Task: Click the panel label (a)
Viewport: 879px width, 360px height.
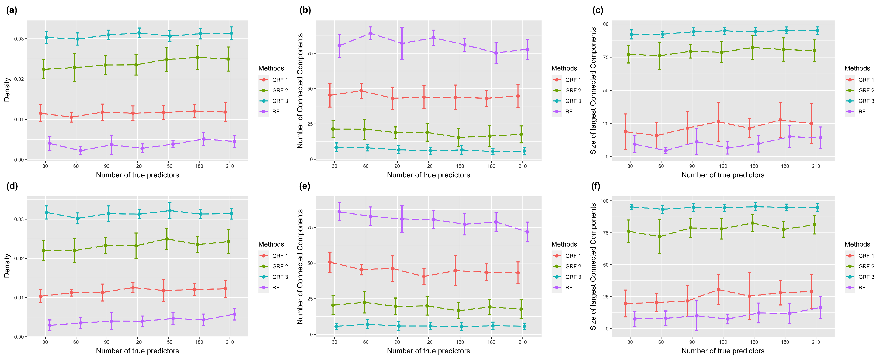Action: (x=12, y=10)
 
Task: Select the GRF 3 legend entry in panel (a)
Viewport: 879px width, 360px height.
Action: (x=280, y=101)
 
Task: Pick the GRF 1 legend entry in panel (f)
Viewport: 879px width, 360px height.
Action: (x=866, y=256)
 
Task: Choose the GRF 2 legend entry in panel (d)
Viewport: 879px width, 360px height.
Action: (x=280, y=266)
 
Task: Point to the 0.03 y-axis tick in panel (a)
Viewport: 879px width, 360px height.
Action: (x=19, y=39)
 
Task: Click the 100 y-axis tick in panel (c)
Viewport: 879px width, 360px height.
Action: (x=604, y=24)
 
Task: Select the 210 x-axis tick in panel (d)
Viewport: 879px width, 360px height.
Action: (x=230, y=342)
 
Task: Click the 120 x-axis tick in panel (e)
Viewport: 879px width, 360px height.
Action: (x=429, y=342)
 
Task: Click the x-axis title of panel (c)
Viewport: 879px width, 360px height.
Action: (x=723, y=175)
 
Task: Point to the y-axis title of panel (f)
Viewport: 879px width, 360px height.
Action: (x=593, y=267)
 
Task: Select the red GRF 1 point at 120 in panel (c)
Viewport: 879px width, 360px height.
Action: (x=718, y=122)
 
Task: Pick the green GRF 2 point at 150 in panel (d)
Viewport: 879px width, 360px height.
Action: (x=167, y=239)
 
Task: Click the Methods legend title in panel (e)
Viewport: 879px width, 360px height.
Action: (x=564, y=244)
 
